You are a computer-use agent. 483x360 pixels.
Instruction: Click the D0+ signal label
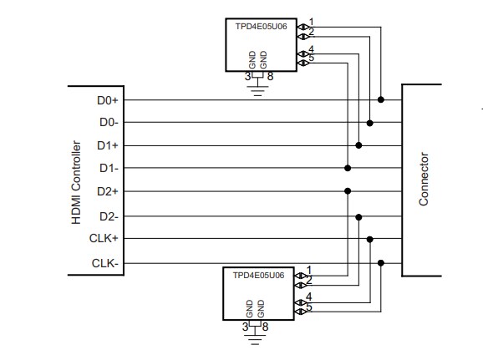pyautogui.click(x=108, y=100)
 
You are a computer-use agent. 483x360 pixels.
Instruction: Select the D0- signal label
pyautogui.click(x=109, y=123)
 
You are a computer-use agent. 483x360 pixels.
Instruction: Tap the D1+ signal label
pyautogui.click(x=108, y=145)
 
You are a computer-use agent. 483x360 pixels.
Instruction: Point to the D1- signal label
pyautogui.click(x=109, y=168)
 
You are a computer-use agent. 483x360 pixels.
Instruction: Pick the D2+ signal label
pyautogui.click(x=108, y=191)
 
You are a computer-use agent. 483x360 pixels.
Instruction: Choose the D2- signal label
pyautogui.click(x=109, y=216)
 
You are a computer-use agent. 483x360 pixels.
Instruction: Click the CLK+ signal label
pyautogui.click(x=104, y=239)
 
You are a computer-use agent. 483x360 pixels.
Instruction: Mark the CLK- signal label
pyautogui.click(x=105, y=264)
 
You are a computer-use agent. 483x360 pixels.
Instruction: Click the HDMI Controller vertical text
pyautogui.click(x=76, y=181)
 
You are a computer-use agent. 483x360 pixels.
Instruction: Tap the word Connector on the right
pyautogui.click(x=424, y=179)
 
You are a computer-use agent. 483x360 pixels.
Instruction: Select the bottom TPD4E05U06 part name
pyautogui.click(x=258, y=275)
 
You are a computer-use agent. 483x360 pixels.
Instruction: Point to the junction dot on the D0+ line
pyautogui.click(x=381, y=100)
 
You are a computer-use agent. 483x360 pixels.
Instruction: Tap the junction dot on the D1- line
pyautogui.click(x=348, y=168)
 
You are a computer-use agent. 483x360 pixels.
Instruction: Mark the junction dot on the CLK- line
pyautogui.click(x=381, y=263)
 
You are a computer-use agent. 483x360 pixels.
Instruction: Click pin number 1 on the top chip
pyautogui.click(x=311, y=22)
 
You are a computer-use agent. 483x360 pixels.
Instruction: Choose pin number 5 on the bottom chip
pyautogui.click(x=310, y=307)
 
